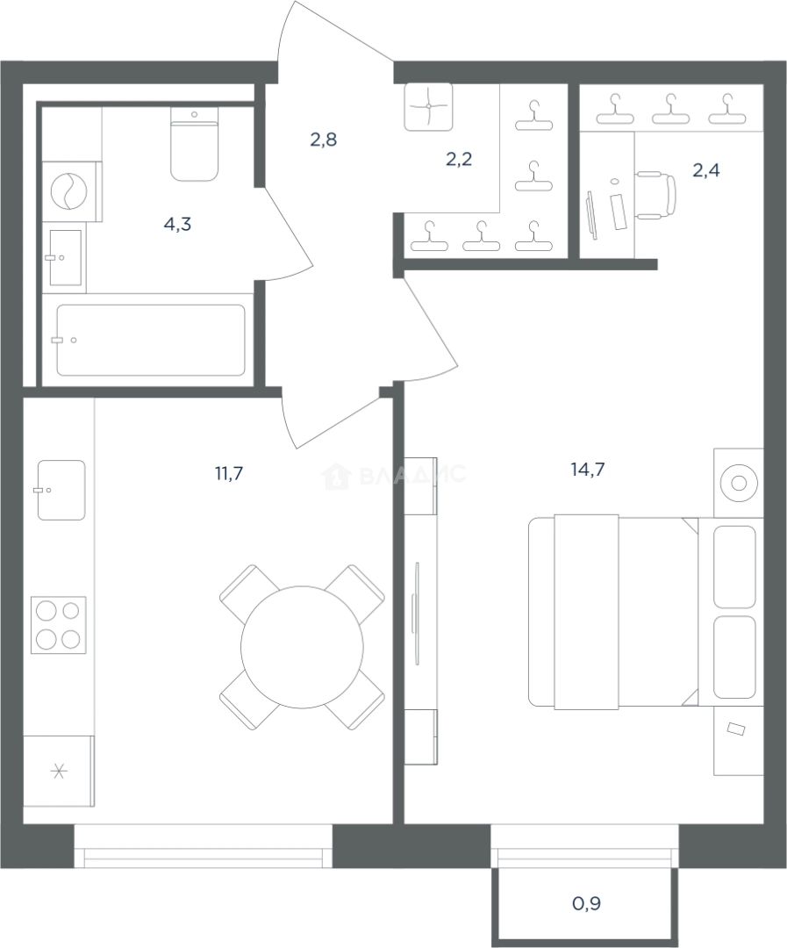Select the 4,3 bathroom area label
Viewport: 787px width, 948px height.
(x=178, y=225)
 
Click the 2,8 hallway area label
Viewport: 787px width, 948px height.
(x=324, y=140)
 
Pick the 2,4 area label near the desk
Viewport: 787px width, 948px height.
(x=706, y=170)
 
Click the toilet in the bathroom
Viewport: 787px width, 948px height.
(x=194, y=144)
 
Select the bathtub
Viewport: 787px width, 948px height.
(x=151, y=340)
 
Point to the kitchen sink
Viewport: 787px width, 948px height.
(x=61, y=490)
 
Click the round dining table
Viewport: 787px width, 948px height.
(x=302, y=647)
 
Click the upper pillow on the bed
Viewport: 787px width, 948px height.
(x=734, y=566)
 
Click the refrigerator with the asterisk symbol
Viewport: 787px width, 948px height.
(x=59, y=771)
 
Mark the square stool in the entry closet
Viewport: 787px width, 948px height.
(x=428, y=106)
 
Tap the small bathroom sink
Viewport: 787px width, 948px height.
(x=64, y=257)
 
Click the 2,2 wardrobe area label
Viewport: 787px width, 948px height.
(x=459, y=160)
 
